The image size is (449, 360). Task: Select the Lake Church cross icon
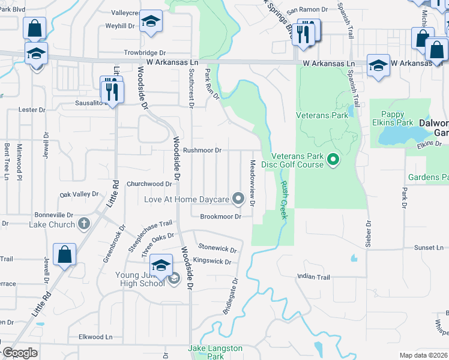[x=84, y=224]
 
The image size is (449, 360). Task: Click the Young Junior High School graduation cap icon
[x=161, y=265]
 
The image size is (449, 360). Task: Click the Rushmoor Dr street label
[x=202, y=150]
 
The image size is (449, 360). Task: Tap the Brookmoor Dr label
[x=220, y=216]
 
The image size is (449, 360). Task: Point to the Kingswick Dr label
[x=212, y=262]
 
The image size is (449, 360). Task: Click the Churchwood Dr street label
[x=149, y=184]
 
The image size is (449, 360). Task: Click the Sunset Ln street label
[x=429, y=247]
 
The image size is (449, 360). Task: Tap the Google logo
[x=20, y=353]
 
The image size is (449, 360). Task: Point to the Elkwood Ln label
[x=95, y=337]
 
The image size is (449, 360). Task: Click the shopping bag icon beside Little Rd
[x=64, y=255]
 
